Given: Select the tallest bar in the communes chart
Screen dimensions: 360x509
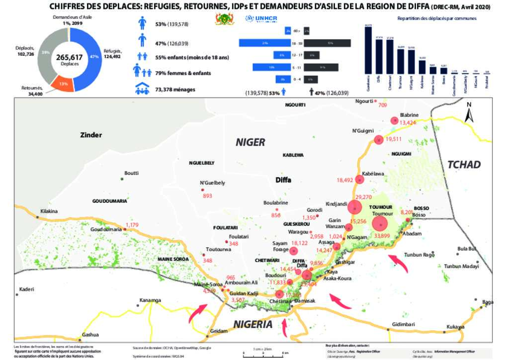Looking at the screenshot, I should [368, 50].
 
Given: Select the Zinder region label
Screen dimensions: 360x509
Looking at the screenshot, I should [91, 135].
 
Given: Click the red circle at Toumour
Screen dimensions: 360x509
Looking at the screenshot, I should [381, 223].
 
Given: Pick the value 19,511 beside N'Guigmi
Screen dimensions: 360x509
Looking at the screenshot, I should [393, 139].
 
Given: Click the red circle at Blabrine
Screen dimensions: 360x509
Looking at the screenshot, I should [395, 120].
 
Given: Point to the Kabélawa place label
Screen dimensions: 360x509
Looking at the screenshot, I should [373, 174].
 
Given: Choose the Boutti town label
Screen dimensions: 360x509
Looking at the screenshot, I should [131, 173].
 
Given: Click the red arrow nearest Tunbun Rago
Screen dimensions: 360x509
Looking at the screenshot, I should [398, 261].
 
